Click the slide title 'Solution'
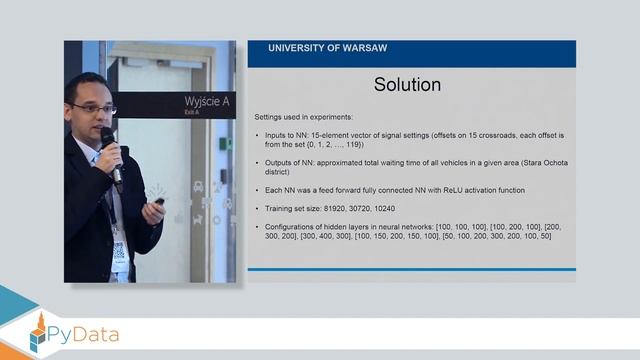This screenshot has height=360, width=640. [x=407, y=85]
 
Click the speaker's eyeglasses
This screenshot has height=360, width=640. [x=96, y=107]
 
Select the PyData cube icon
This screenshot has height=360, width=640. [x=40, y=333]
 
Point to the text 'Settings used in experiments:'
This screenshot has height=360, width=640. [x=298, y=118]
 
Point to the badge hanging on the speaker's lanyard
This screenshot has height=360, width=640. [x=119, y=251]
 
